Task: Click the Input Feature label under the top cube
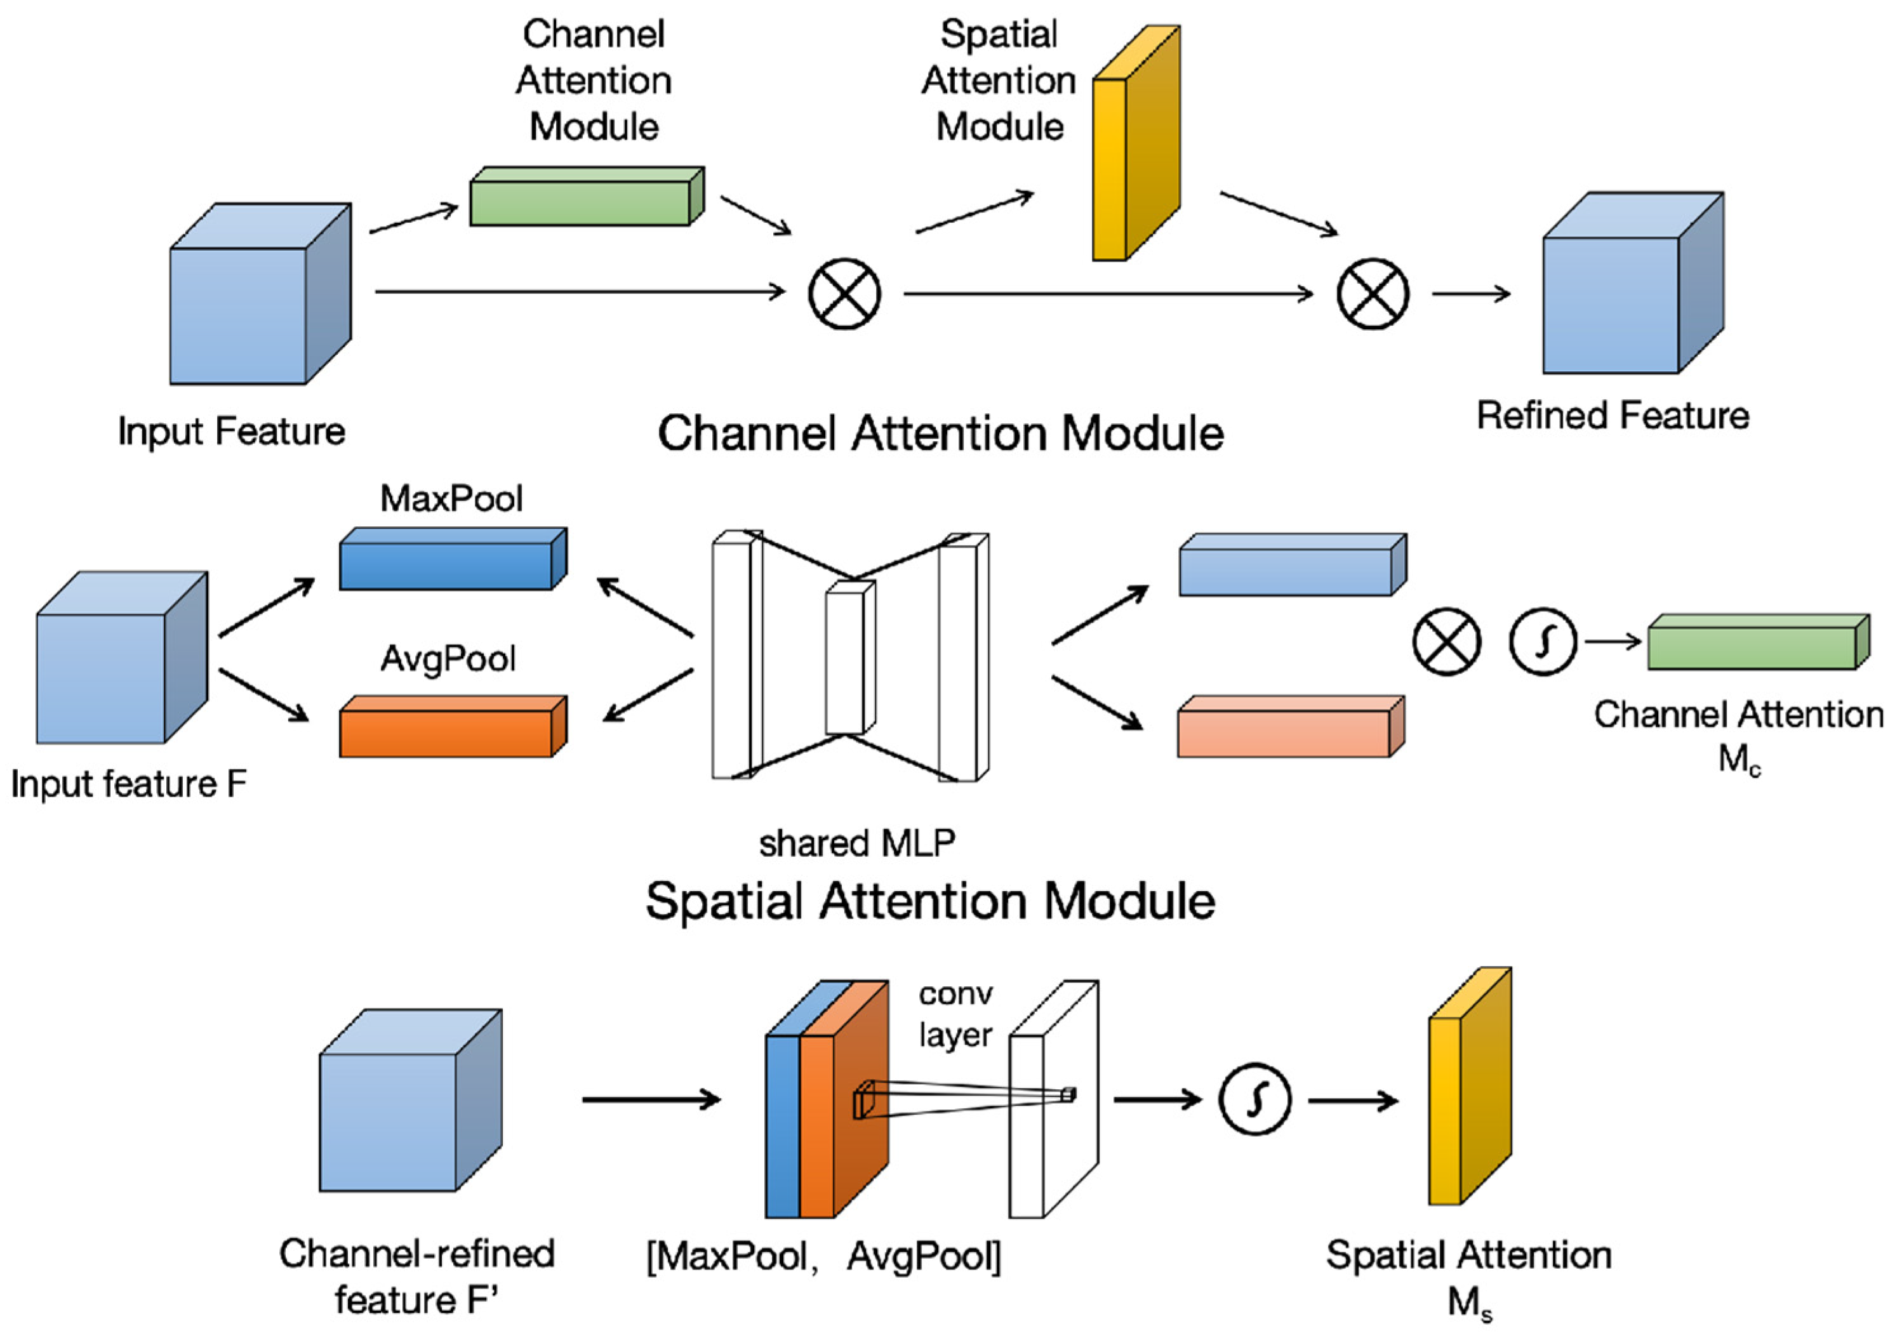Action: tap(231, 432)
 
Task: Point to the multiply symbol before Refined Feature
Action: tap(1373, 294)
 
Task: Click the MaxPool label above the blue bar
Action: tap(451, 498)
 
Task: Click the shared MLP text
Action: tap(856, 844)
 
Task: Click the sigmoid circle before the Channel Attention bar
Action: tap(1543, 641)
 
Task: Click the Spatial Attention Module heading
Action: tap(930, 901)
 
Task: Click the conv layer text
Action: tap(955, 1014)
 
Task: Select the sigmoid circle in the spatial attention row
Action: tap(1254, 1099)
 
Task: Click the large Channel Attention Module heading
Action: tap(940, 434)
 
